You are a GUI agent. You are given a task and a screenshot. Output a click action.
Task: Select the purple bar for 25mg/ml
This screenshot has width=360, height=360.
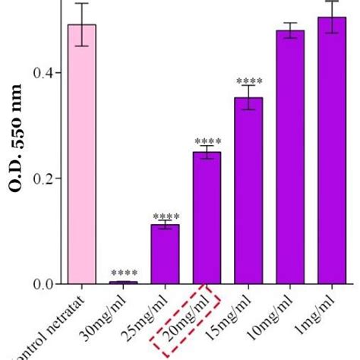[165, 254]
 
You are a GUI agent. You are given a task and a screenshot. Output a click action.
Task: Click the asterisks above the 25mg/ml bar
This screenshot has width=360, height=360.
[165, 216]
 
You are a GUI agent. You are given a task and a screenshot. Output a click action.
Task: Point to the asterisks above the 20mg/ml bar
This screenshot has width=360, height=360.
[207, 142]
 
